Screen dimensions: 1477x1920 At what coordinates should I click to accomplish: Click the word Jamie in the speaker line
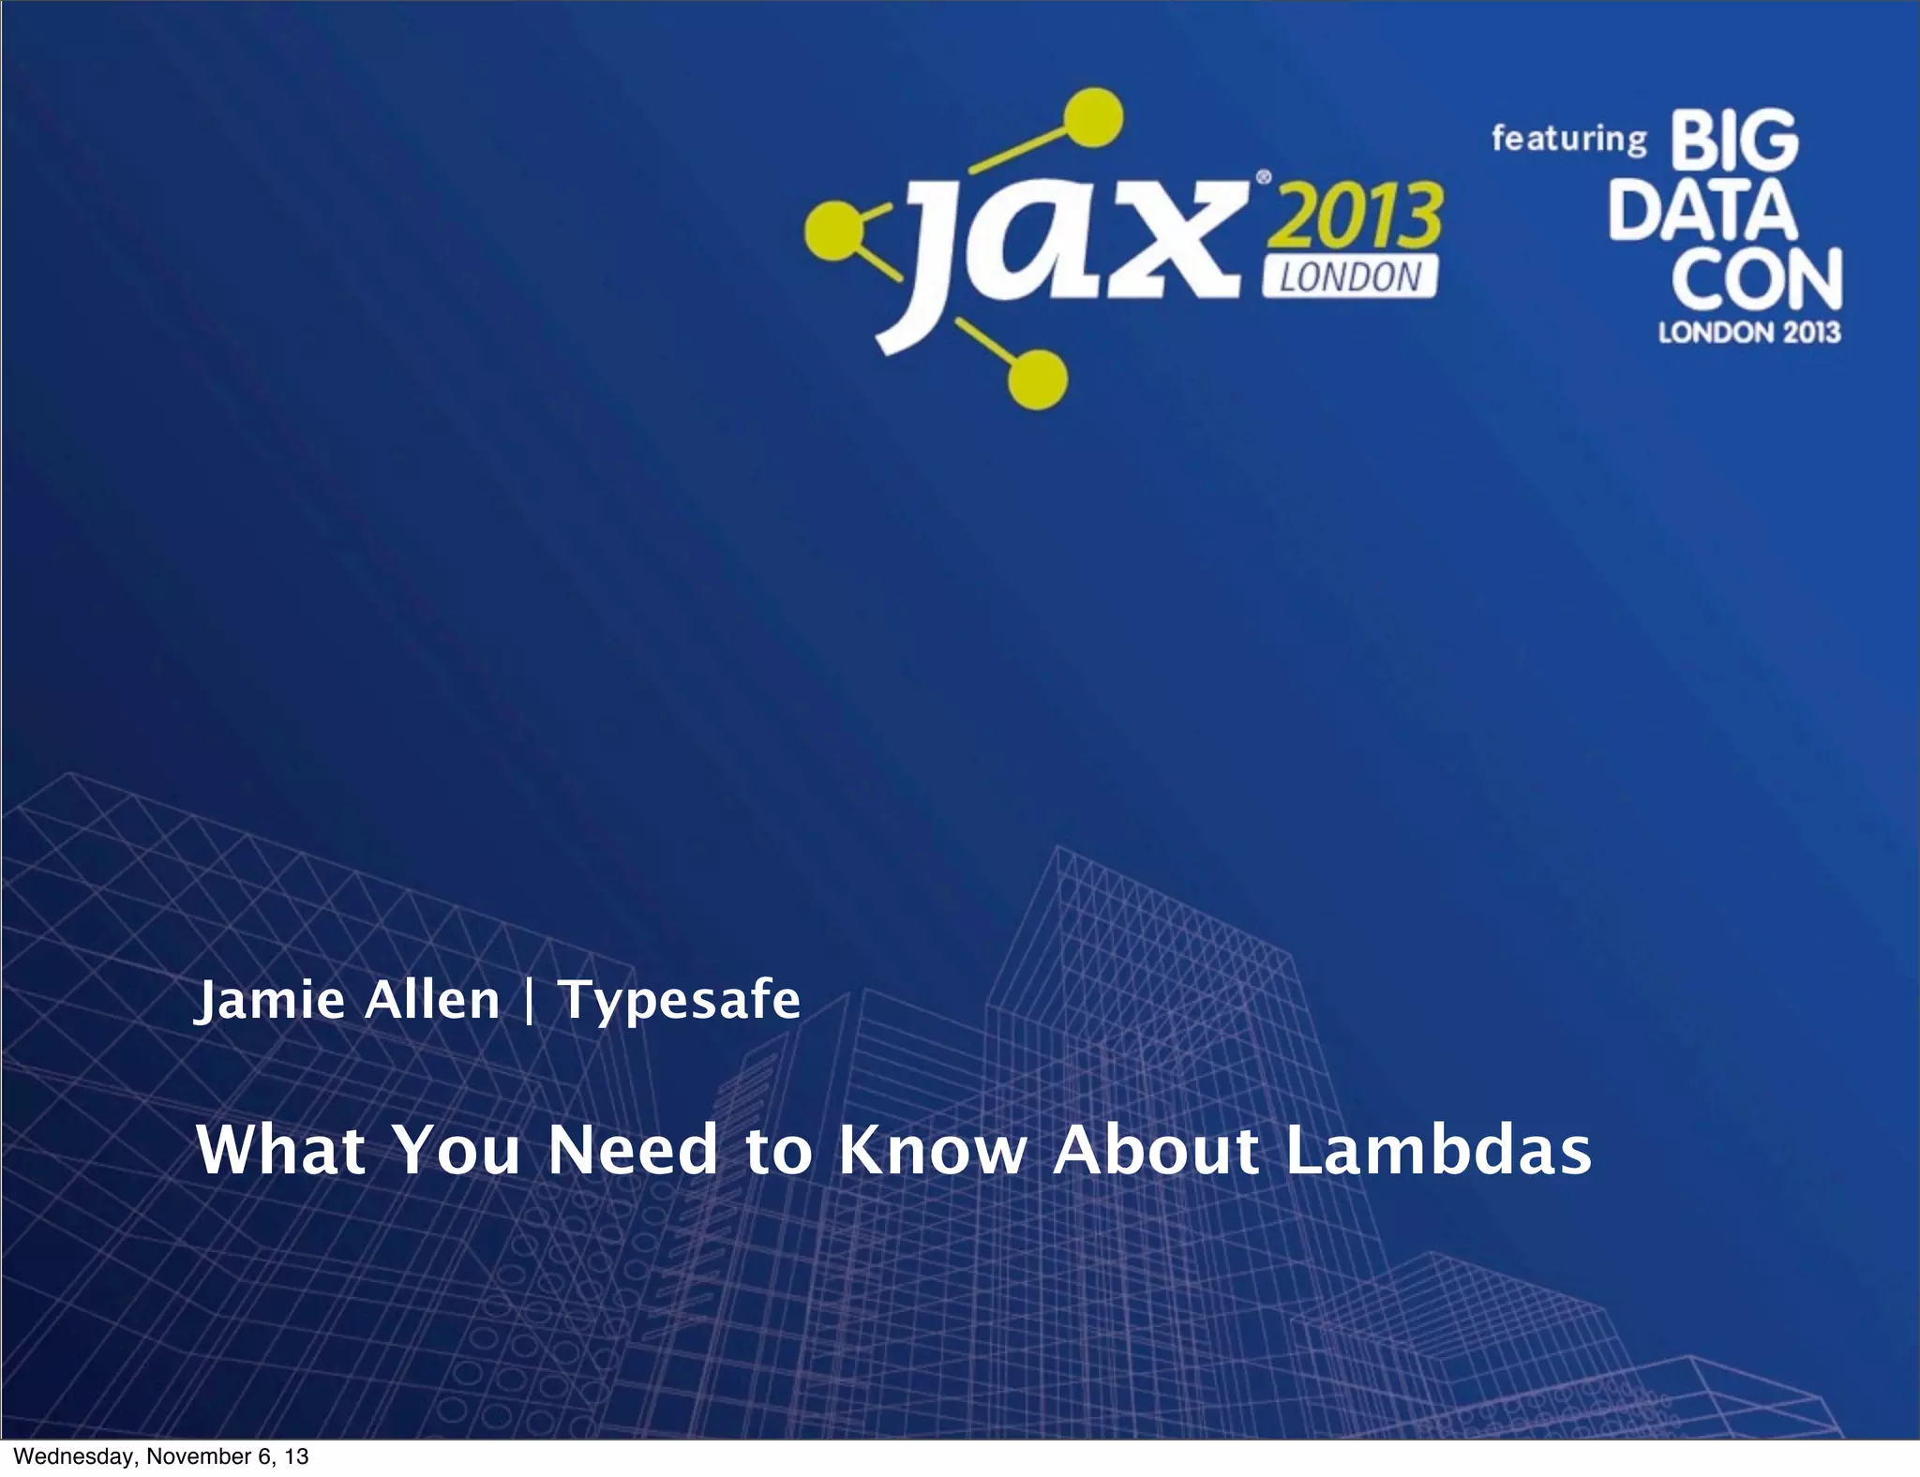tap(269, 1001)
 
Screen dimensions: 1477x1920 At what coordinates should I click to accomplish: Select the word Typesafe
tap(679, 1001)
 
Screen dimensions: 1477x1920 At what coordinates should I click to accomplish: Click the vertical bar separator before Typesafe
tap(529, 1001)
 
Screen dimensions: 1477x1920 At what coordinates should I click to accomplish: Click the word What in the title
tap(280, 1150)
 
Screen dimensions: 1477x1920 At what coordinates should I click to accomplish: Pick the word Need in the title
tap(633, 1150)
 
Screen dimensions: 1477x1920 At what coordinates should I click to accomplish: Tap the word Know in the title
tap(933, 1150)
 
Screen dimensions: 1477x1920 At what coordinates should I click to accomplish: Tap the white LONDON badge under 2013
tap(1349, 277)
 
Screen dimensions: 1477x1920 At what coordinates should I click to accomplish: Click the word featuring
tap(1568, 139)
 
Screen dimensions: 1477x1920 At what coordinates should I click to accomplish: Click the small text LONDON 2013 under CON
tap(1749, 333)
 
